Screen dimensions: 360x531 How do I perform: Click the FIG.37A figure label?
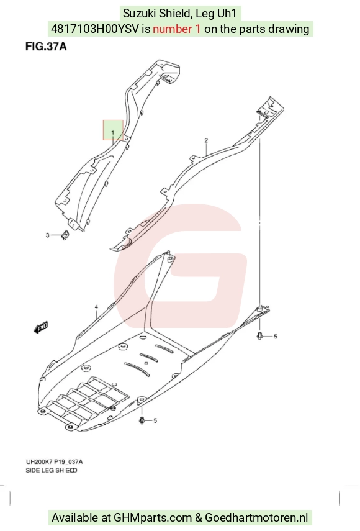point(46,47)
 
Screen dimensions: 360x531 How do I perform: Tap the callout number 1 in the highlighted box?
point(113,132)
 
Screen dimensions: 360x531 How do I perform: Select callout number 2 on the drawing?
point(206,140)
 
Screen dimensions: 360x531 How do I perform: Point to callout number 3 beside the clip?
point(47,235)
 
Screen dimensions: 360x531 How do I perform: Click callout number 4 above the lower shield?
point(96,307)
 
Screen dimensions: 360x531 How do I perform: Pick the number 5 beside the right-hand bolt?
point(276,336)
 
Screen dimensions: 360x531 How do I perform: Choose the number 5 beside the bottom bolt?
point(155,420)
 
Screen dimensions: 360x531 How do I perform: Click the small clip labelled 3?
point(65,234)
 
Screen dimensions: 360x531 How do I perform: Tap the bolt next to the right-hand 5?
point(260,336)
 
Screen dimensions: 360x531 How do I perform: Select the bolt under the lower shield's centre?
point(142,420)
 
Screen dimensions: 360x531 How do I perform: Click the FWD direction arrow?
point(41,327)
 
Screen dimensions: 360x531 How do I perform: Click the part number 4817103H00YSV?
point(95,29)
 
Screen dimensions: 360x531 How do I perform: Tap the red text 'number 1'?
point(177,29)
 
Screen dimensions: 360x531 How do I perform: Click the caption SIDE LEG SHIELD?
point(52,470)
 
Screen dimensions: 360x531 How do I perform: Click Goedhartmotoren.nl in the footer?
point(256,518)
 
